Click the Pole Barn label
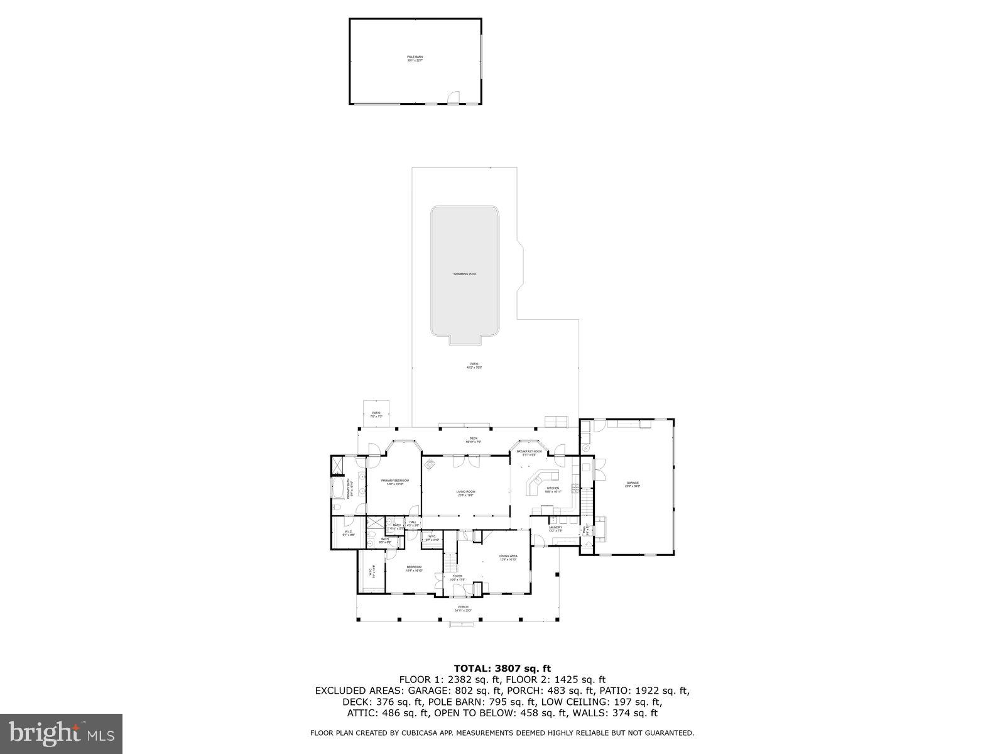(415, 58)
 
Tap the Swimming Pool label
(465, 274)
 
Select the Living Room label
(465, 493)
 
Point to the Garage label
(633, 484)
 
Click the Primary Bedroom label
(394, 482)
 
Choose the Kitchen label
(553, 489)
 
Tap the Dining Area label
(508, 557)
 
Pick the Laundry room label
(555, 528)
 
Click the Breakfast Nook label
(529, 452)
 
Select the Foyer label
(457, 577)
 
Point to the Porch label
(462, 608)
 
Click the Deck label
(474, 440)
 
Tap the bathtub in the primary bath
(338, 488)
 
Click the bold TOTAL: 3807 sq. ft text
(502, 669)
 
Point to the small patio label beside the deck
(376, 415)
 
